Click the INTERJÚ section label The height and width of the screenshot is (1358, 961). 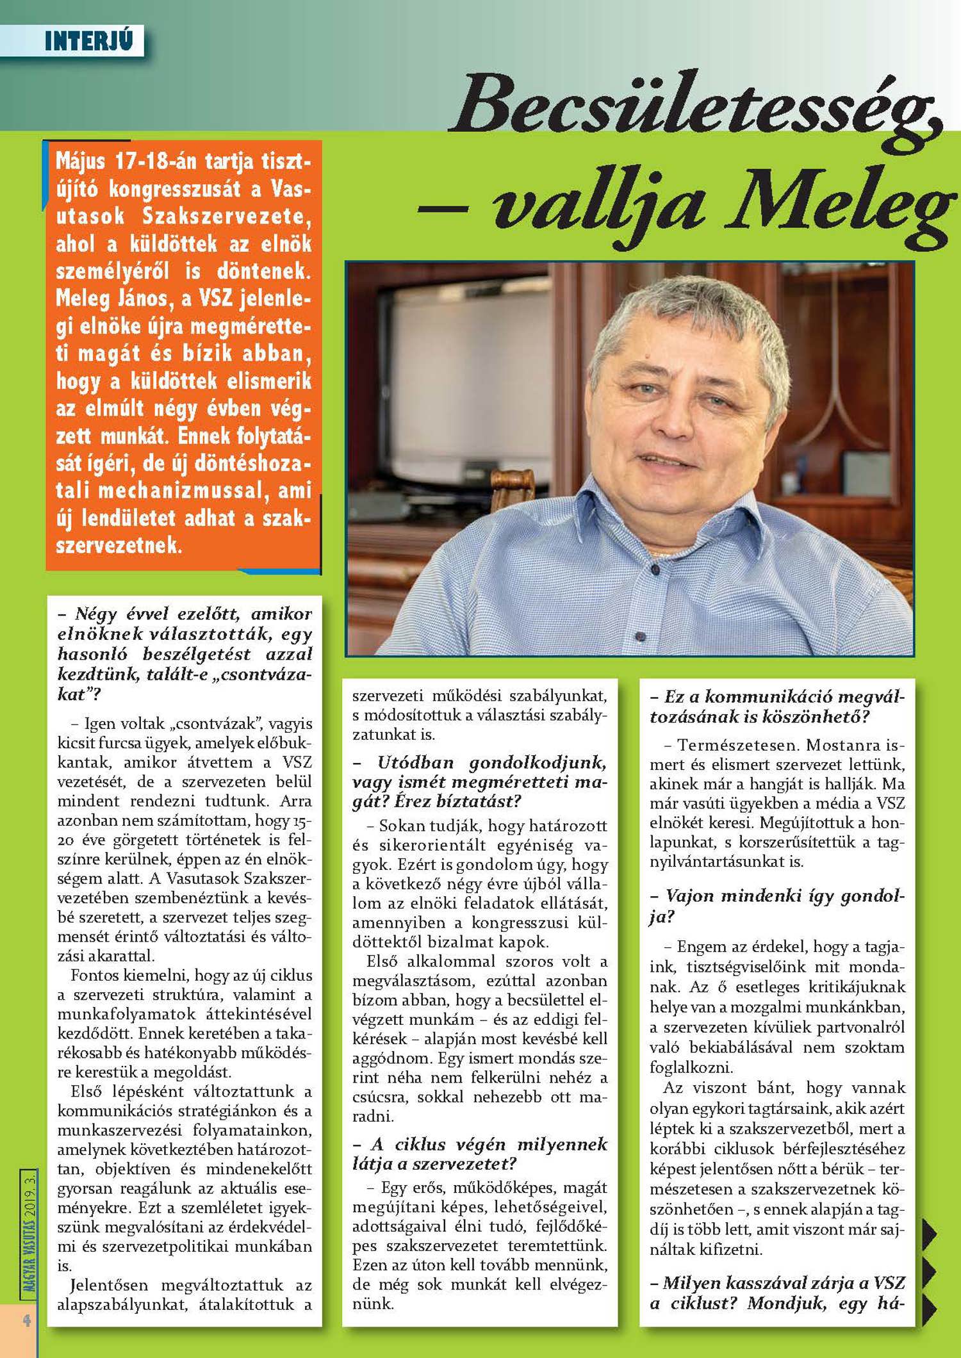pos(88,41)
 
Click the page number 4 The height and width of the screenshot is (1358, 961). pos(27,1320)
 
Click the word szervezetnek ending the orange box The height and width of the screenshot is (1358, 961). pos(119,545)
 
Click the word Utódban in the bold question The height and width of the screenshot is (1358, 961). pos(415,762)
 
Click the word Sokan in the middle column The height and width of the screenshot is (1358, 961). pos(400,826)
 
